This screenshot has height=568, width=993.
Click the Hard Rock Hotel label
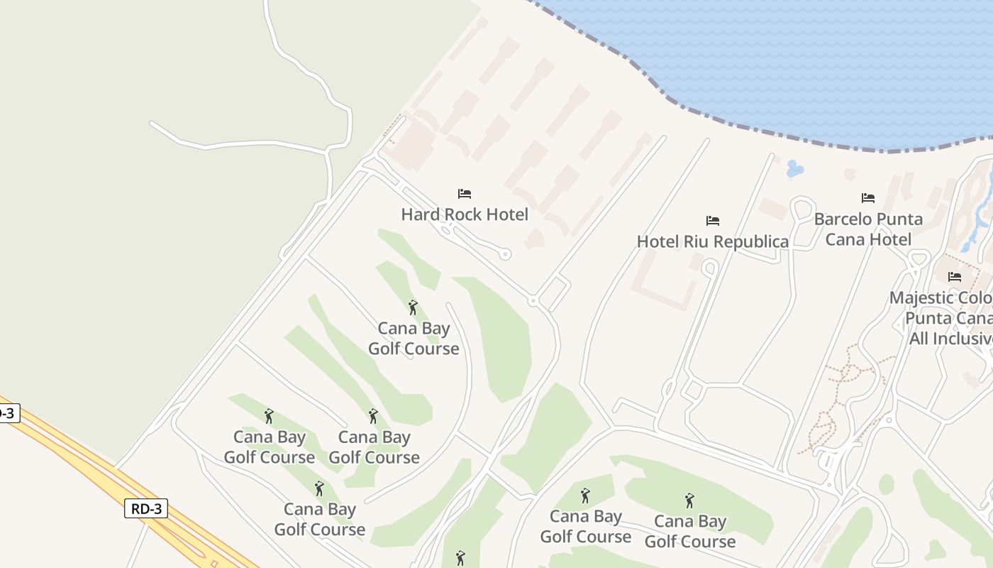465,214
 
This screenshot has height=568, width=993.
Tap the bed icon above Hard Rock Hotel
465,194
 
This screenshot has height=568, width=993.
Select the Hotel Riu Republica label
712,241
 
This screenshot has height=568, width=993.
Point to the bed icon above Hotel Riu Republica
713,221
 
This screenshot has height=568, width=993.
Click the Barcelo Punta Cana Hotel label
868,229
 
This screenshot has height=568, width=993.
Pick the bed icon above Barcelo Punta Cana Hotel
868,198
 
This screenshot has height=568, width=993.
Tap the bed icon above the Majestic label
955,277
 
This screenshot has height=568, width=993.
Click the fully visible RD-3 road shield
146,508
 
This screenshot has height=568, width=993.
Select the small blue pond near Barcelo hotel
795,169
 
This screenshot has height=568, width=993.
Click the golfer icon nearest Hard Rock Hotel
413,307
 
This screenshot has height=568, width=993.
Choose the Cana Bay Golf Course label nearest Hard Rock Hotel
414,339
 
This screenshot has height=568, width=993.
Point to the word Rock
462,214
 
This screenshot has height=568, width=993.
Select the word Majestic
921,297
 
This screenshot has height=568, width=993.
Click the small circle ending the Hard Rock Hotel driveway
505,253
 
